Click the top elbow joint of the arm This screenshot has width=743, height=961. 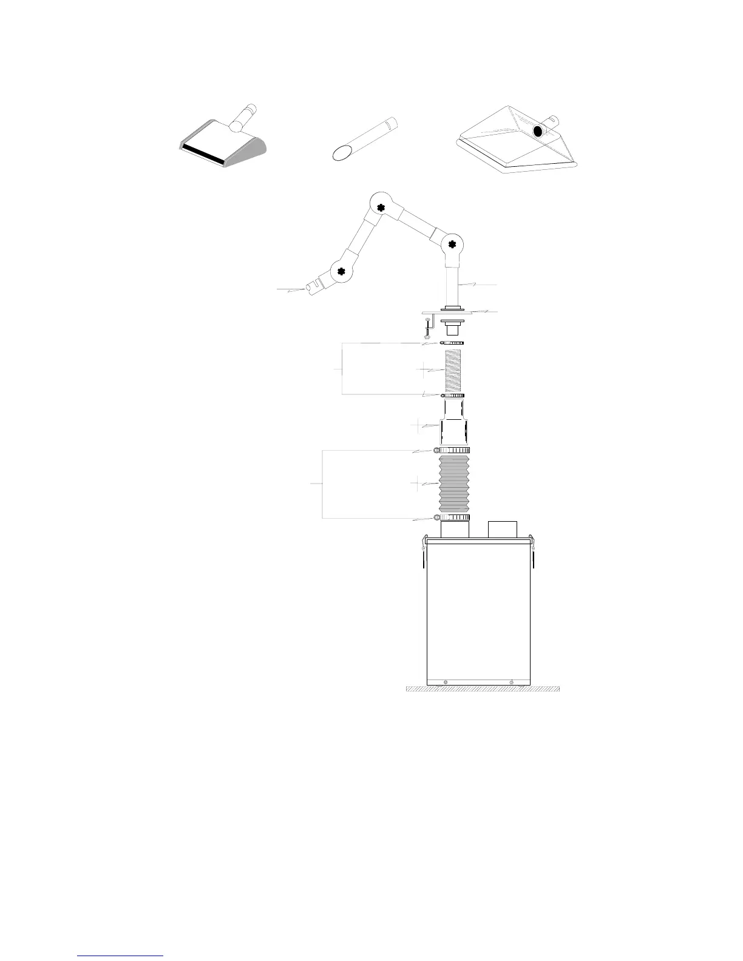click(x=381, y=207)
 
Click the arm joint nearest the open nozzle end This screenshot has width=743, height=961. click(x=341, y=271)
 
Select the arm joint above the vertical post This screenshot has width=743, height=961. click(x=452, y=244)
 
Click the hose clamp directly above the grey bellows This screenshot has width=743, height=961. click(x=452, y=450)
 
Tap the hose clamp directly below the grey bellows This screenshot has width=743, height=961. click(x=452, y=518)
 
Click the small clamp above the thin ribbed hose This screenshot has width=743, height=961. click(x=452, y=343)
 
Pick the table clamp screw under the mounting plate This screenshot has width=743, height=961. click(x=429, y=327)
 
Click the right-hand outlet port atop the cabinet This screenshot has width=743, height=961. click(x=503, y=529)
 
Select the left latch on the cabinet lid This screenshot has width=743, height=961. click(x=423, y=552)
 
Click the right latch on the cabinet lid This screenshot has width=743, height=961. click(x=532, y=552)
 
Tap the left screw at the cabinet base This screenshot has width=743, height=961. click(x=446, y=682)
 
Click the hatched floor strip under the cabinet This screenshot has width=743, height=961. click(x=483, y=689)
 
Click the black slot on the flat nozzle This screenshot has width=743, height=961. click(x=204, y=152)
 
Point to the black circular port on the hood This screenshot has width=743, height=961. click(x=537, y=131)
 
